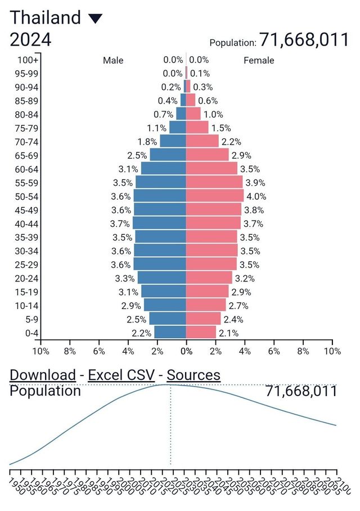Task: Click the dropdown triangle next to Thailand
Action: click(x=95, y=19)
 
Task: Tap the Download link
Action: click(x=43, y=375)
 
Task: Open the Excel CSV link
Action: click(x=121, y=375)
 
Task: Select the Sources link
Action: click(x=193, y=375)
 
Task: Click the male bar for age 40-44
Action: click(x=159, y=223)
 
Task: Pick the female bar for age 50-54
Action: click(x=214, y=196)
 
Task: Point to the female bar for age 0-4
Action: click(x=201, y=333)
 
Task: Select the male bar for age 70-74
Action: click(x=173, y=141)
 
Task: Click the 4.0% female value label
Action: click(x=257, y=196)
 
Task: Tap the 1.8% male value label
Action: click(x=147, y=141)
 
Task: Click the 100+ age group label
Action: click(x=28, y=60)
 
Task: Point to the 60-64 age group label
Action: click(x=26, y=169)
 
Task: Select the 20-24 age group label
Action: click(x=26, y=278)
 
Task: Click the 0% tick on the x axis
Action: click(x=186, y=351)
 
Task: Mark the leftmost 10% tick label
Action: click(x=40, y=351)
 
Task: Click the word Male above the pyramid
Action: click(x=113, y=60)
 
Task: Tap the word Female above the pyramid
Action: click(x=259, y=60)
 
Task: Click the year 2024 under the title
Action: click(x=31, y=40)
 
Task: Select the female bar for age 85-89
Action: click(x=191, y=101)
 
